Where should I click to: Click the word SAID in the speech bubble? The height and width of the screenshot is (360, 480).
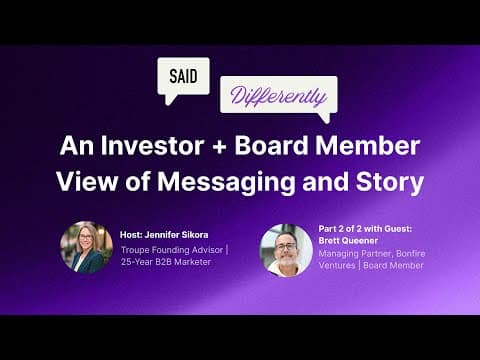[x=183, y=75]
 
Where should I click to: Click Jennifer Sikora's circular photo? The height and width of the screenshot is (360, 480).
[x=86, y=247]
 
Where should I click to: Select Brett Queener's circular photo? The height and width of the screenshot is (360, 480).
[x=286, y=250]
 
